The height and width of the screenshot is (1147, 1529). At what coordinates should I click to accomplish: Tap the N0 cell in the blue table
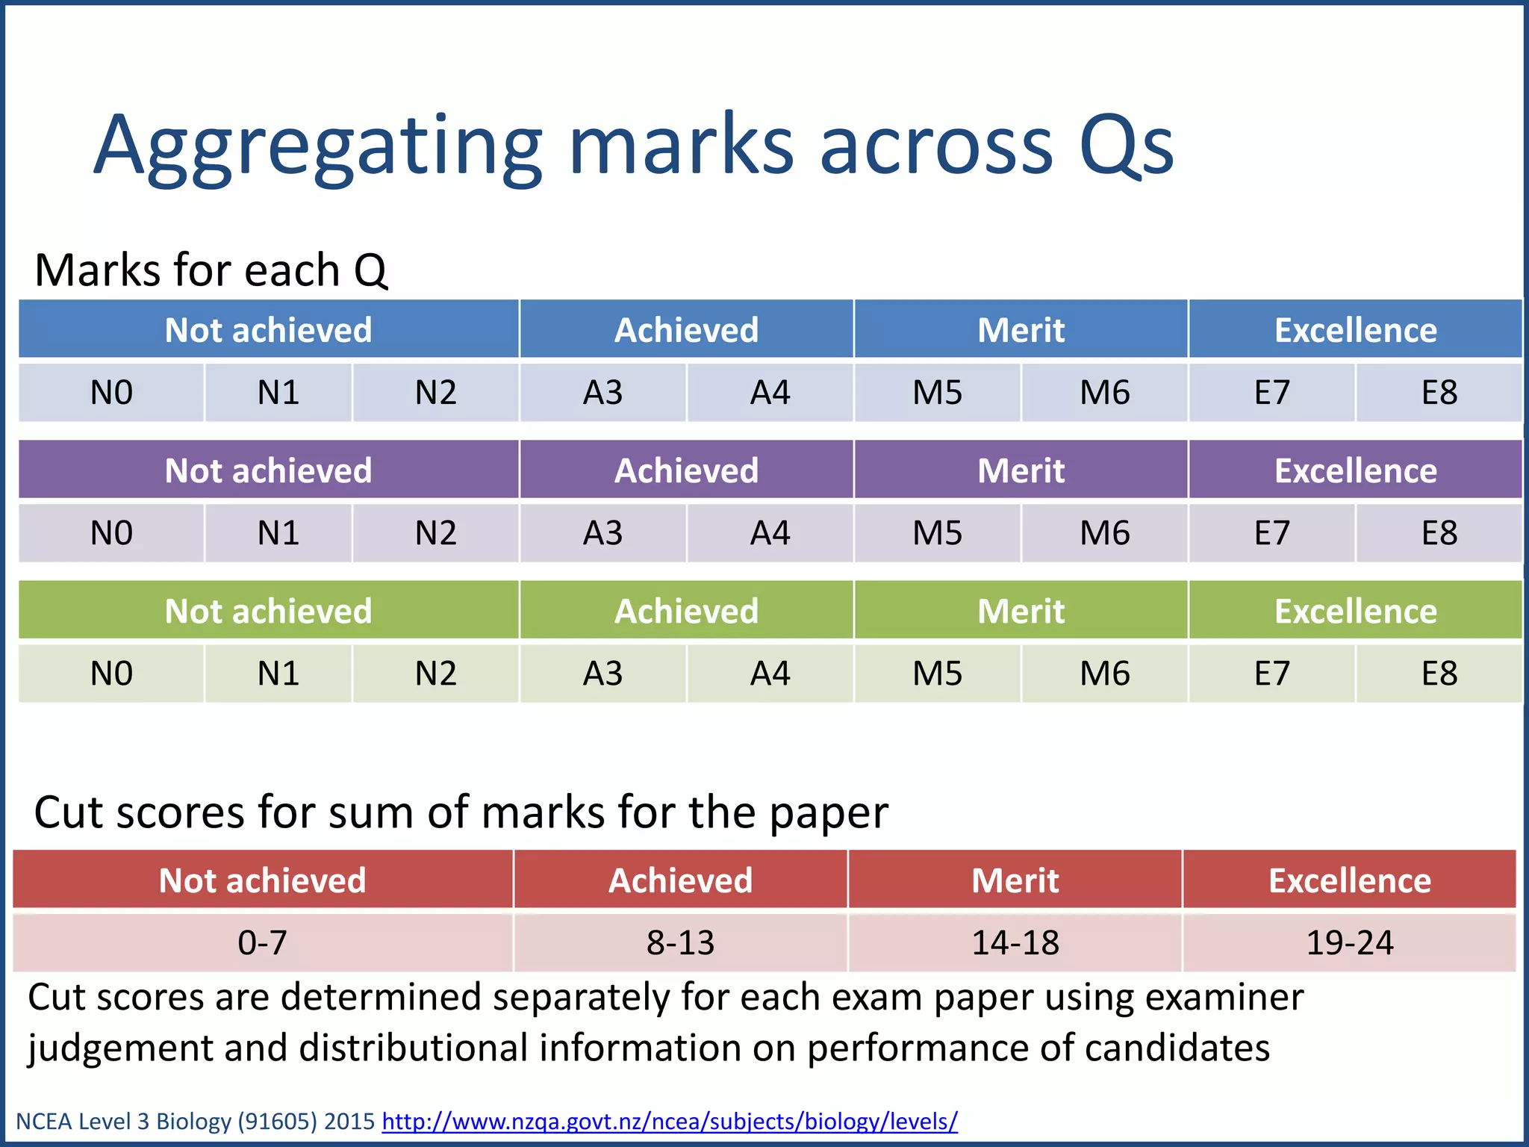(x=111, y=393)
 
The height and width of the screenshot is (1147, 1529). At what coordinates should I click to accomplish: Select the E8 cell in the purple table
(x=1439, y=533)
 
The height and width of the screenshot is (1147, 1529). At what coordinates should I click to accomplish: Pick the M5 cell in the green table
(x=937, y=674)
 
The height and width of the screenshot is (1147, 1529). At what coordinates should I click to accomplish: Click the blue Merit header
(x=1021, y=330)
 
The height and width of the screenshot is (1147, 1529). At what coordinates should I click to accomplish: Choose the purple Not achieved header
(x=268, y=470)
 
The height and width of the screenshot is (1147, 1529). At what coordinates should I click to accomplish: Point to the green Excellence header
(x=1355, y=611)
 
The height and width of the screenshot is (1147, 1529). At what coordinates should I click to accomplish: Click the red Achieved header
(x=680, y=880)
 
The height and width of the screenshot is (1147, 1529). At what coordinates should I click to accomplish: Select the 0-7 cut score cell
(x=262, y=942)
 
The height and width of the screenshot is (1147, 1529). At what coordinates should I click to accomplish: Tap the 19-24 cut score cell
(x=1349, y=942)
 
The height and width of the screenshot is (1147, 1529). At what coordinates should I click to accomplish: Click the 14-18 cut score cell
(x=1015, y=942)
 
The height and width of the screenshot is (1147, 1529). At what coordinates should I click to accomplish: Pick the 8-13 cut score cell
(x=680, y=942)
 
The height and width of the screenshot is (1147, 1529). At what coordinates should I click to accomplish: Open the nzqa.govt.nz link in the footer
(x=669, y=1121)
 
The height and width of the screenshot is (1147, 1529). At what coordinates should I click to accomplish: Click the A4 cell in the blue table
(x=770, y=393)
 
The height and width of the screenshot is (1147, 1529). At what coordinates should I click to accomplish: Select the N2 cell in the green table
(x=435, y=674)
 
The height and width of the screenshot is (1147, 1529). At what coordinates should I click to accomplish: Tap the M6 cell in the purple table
(x=1104, y=533)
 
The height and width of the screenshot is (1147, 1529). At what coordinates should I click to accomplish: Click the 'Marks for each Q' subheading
(x=211, y=270)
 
